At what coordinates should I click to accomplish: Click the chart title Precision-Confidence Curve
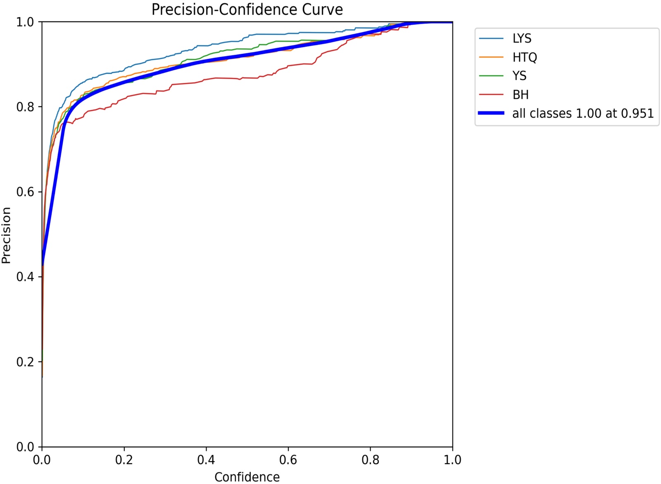point(247,9)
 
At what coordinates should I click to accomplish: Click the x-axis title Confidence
point(247,477)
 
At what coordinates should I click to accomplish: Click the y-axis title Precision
point(6,235)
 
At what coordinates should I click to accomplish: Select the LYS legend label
point(522,38)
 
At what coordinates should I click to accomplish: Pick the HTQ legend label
point(525,57)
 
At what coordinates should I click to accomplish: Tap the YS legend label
point(519,76)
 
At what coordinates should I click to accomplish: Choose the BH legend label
point(521,95)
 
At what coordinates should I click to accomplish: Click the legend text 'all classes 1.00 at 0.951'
point(583,113)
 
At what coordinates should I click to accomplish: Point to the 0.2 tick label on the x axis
point(124,460)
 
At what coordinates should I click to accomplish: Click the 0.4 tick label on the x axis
point(206,460)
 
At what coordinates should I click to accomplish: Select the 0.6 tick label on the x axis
point(288,460)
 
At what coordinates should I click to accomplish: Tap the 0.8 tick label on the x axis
point(370,460)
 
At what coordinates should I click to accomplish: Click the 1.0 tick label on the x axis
point(452,460)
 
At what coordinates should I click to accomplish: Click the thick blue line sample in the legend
point(491,113)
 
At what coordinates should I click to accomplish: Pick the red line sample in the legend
point(491,95)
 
